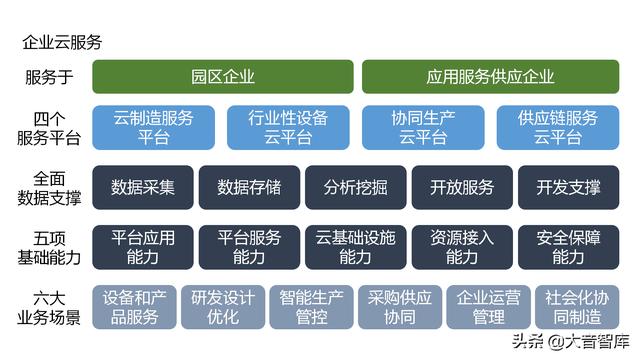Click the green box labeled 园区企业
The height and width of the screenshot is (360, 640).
(x=223, y=77)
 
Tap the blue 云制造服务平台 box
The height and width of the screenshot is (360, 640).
(x=154, y=128)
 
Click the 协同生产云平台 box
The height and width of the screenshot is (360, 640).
(x=423, y=128)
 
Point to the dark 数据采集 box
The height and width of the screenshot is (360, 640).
(x=143, y=187)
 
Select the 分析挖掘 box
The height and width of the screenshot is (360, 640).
(x=355, y=187)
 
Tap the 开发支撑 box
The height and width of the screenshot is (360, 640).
(x=568, y=187)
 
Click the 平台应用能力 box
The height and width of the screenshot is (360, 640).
(x=143, y=247)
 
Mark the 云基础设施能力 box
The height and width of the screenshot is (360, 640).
(x=355, y=247)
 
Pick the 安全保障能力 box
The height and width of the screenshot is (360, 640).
(x=568, y=247)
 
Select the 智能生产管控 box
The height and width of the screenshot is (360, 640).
(x=311, y=307)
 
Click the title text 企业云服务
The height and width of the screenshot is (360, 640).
(x=61, y=43)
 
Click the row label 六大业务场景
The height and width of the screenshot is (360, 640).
(x=48, y=307)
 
